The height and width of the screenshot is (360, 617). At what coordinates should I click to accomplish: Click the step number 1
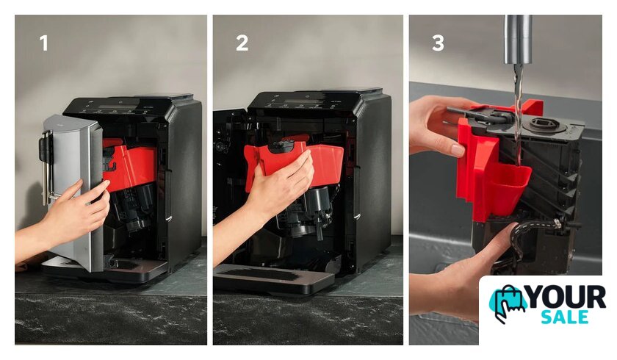click(44, 43)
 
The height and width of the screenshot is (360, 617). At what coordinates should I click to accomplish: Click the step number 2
click(242, 43)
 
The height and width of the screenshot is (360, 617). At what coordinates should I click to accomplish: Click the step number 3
click(438, 43)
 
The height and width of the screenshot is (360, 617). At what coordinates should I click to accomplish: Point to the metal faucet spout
click(519, 40)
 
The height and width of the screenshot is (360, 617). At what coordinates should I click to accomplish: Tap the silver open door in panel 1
click(73, 192)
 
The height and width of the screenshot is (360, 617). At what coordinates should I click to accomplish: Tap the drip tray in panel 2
click(273, 278)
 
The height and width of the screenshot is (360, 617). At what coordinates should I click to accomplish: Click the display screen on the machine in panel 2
click(302, 101)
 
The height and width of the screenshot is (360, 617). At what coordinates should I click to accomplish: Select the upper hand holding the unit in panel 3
click(441, 126)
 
